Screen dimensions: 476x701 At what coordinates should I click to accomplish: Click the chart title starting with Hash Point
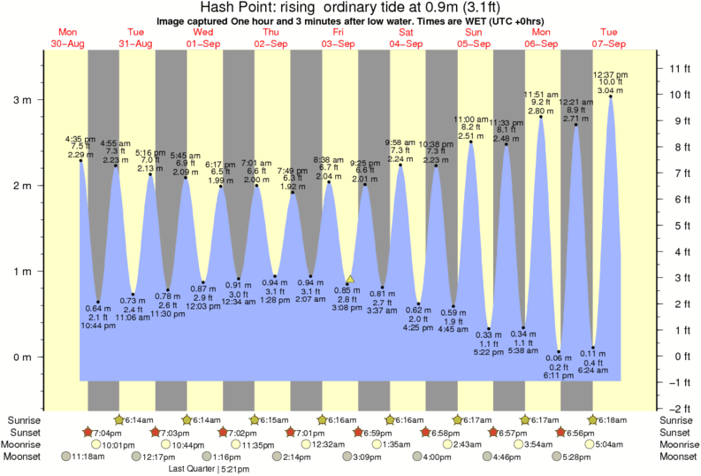(x=350, y=8)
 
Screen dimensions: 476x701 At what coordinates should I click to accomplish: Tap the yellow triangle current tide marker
(x=350, y=280)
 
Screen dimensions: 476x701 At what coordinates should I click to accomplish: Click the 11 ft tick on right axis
(x=677, y=68)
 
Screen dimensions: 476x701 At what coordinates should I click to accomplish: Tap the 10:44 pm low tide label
(x=98, y=326)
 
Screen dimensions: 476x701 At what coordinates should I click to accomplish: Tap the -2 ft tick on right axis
(x=677, y=409)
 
